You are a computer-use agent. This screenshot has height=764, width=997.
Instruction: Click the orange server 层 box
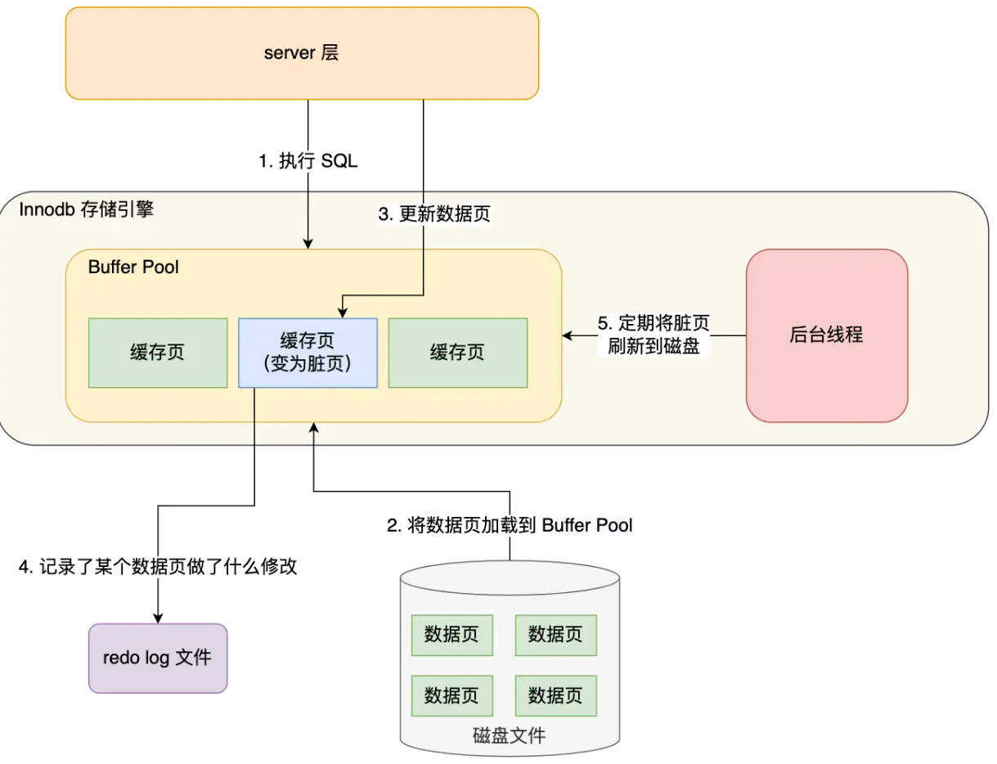[301, 54]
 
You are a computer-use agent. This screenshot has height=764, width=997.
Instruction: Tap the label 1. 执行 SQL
[308, 161]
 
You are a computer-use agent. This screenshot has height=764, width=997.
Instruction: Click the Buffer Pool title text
[133, 267]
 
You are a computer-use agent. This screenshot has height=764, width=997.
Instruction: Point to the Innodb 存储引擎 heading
[86, 210]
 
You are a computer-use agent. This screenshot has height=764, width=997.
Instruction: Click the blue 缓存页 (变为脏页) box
[308, 353]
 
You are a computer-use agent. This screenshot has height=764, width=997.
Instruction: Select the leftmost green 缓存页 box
[157, 353]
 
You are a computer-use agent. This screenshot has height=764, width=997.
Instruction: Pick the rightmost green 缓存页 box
[457, 353]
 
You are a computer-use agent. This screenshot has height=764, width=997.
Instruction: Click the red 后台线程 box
[826, 335]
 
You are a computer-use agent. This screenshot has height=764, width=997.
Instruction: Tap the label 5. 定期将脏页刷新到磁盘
[653, 335]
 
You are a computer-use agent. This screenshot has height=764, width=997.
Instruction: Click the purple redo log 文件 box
[157, 658]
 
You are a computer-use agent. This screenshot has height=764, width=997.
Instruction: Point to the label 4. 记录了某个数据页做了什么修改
[158, 567]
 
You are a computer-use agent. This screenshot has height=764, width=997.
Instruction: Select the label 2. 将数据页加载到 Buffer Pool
[510, 525]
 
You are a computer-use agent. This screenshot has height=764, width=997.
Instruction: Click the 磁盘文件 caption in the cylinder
[509, 735]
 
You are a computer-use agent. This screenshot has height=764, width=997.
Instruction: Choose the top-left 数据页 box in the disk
[451, 635]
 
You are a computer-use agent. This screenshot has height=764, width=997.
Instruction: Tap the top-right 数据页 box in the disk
[555, 635]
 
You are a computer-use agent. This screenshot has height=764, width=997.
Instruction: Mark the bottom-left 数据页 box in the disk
[451, 695]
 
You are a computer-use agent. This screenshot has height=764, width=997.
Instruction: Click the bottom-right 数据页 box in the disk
[555, 695]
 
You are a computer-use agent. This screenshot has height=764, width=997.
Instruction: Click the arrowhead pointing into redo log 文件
[156, 618]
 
